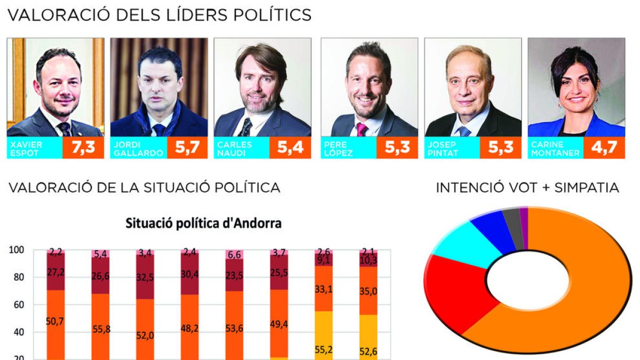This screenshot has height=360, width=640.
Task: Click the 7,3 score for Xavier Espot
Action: (x=83, y=148)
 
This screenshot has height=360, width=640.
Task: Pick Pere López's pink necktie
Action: (x=362, y=130)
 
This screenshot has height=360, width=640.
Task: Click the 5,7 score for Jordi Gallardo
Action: (x=187, y=148)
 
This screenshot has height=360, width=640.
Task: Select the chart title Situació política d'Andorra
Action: (x=203, y=223)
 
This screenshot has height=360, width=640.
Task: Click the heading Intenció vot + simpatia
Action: (x=527, y=188)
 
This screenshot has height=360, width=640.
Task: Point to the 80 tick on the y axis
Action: (x=18, y=277)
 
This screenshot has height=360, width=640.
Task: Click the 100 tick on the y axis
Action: (x=17, y=250)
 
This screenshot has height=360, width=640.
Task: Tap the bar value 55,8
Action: (x=101, y=329)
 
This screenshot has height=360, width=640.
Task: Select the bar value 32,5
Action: (x=146, y=278)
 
